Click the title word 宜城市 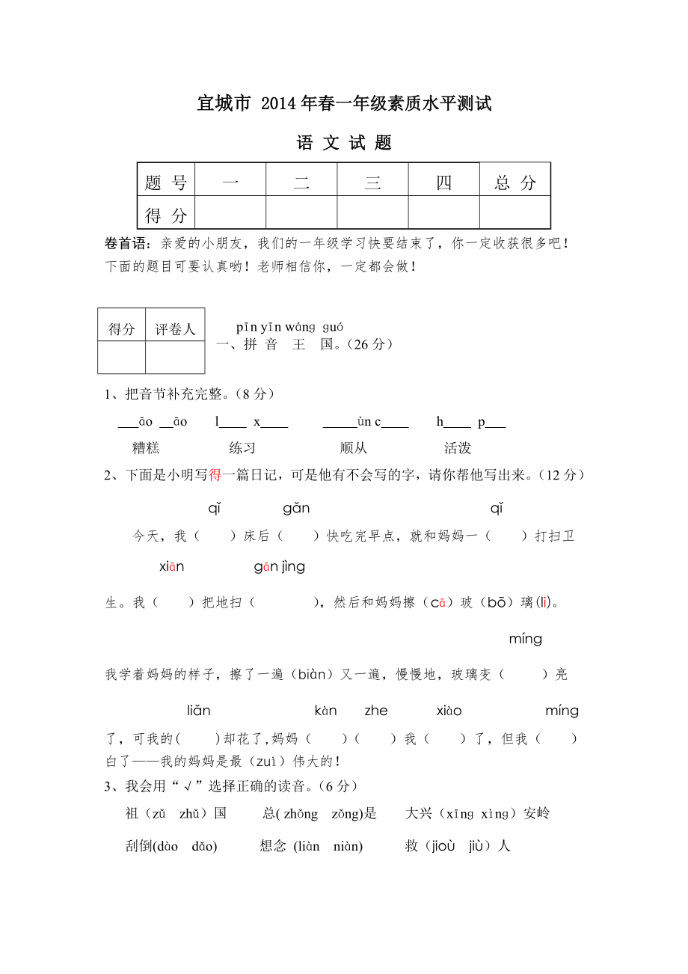click(x=224, y=104)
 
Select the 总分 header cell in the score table click(x=515, y=183)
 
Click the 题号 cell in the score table click(x=166, y=183)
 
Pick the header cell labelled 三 click(x=372, y=183)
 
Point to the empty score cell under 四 click(x=443, y=213)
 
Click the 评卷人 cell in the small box click(x=175, y=328)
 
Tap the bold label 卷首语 click(x=128, y=243)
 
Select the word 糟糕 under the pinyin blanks click(x=146, y=448)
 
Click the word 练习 click(x=242, y=448)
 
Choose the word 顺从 click(x=354, y=448)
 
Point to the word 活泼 click(x=458, y=448)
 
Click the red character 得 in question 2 click(x=215, y=475)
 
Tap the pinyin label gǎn click(x=296, y=509)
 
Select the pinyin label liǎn click(x=199, y=711)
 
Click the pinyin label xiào click(x=449, y=711)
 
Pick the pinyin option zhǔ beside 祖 click(x=188, y=814)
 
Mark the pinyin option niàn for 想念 click(x=347, y=847)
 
